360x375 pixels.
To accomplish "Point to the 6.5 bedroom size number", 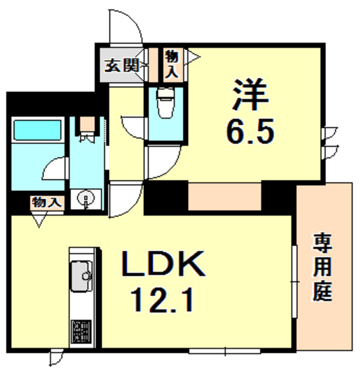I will coord(249,134).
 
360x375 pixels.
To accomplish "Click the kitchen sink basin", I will coord(81,274).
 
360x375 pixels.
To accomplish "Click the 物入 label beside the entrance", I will coord(172,63).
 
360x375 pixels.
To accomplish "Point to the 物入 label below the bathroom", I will coord(46,203).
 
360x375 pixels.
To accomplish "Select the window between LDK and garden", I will coord(294,281).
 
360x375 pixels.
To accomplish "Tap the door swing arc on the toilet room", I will coord(132,126).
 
